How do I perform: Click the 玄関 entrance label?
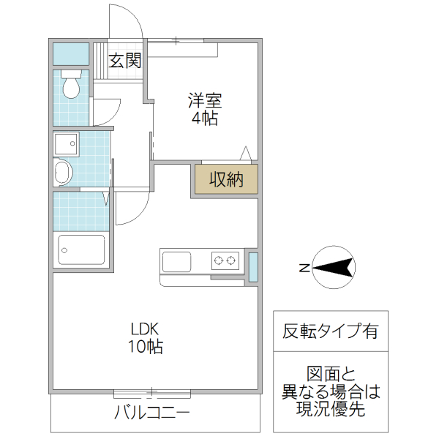pyautogui.click(x=125, y=61)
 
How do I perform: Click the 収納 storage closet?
pyautogui.click(x=226, y=179)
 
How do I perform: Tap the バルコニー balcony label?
pyautogui.click(x=152, y=413)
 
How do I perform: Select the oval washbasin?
pyautogui.click(x=63, y=173)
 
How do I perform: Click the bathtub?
pyautogui.click(x=81, y=251)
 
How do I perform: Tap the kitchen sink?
pyautogui.click(x=176, y=261)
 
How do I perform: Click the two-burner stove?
pyautogui.click(x=225, y=260)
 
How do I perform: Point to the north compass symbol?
pyautogui.click(x=334, y=268)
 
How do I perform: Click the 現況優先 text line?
pyautogui.click(x=331, y=410)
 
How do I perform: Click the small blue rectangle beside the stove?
pyautogui.click(x=253, y=267)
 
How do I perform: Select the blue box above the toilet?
pyautogui.click(x=71, y=54)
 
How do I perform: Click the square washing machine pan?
pyautogui.click(x=67, y=143)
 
